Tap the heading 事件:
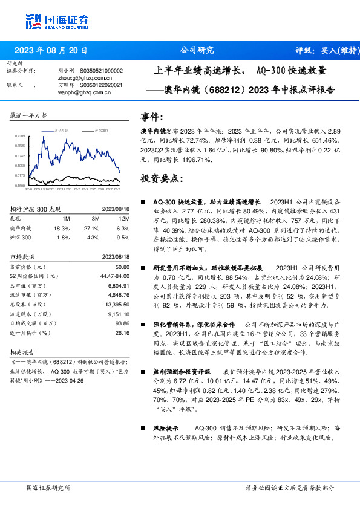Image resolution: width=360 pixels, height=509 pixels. pyautogui.click(x=151, y=117)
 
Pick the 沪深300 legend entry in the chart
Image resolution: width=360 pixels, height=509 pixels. pyautogui.click(x=100, y=130)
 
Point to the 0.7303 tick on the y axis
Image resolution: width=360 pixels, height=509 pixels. pyautogui.click(x=19, y=137)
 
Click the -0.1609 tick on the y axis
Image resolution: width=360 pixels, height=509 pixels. pyautogui.click(x=19, y=186)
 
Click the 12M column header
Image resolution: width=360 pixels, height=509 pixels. pyautogui.click(x=123, y=218)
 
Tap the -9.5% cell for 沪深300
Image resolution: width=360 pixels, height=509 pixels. pyautogui.click(x=123, y=238)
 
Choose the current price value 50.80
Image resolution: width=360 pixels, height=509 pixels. pyautogui.click(x=123, y=267)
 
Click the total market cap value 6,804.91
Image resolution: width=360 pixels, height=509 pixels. pyautogui.click(x=118, y=285)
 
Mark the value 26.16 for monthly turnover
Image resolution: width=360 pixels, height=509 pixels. pyautogui.click(x=123, y=332)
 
